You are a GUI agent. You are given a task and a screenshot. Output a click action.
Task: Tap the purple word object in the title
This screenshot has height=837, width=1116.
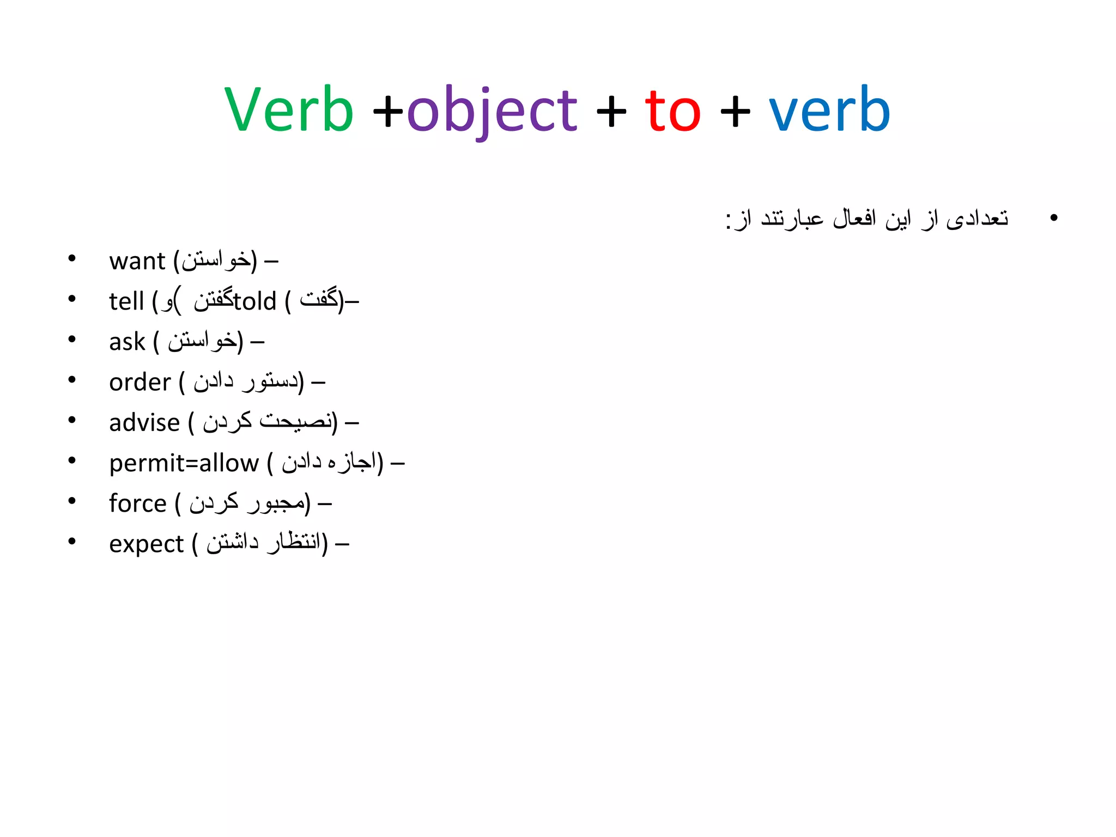(x=492, y=111)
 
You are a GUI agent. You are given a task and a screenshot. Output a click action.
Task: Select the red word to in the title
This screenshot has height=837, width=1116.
(x=672, y=111)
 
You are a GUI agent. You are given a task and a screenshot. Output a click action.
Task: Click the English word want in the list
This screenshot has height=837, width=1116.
(x=137, y=261)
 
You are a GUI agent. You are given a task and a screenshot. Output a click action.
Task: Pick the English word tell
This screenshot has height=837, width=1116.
(x=126, y=301)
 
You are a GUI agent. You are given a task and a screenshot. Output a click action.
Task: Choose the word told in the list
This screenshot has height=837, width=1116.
(x=255, y=301)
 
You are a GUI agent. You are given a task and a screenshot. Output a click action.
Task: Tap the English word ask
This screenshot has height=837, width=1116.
(x=127, y=342)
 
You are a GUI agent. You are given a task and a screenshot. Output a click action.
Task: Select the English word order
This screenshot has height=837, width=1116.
(x=140, y=382)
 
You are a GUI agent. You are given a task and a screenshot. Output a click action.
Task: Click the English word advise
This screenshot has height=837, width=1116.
(x=144, y=422)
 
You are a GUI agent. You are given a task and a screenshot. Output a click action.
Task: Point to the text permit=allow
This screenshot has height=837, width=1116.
(x=184, y=463)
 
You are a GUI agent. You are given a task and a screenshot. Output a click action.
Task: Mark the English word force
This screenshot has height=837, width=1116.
(x=137, y=503)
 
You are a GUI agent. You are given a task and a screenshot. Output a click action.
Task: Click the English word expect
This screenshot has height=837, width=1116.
(x=146, y=544)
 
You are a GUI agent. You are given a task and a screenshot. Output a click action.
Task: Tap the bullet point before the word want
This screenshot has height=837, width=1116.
(x=72, y=258)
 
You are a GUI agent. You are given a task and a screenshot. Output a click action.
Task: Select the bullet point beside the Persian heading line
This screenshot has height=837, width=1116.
(x=1053, y=218)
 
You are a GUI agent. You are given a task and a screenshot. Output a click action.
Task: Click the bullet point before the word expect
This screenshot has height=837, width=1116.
(x=72, y=541)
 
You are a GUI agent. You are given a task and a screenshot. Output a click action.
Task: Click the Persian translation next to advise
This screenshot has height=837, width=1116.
(x=267, y=422)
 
